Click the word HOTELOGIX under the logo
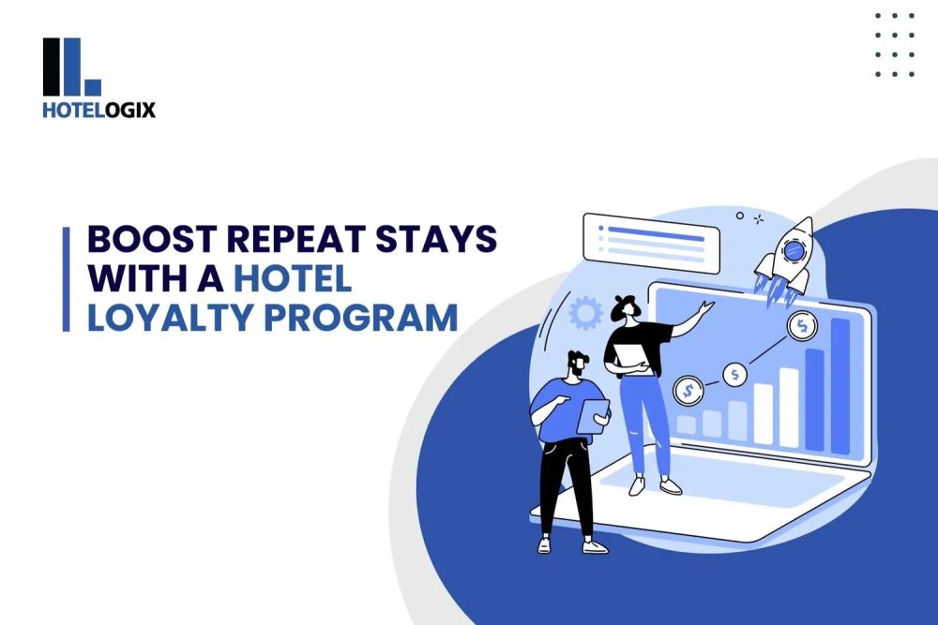pos(98,110)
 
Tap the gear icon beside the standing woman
pos(585,313)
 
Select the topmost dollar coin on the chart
pos(802,326)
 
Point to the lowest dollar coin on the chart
pos(688,387)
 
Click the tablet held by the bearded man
pos(592,415)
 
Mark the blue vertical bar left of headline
pos(67,278)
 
